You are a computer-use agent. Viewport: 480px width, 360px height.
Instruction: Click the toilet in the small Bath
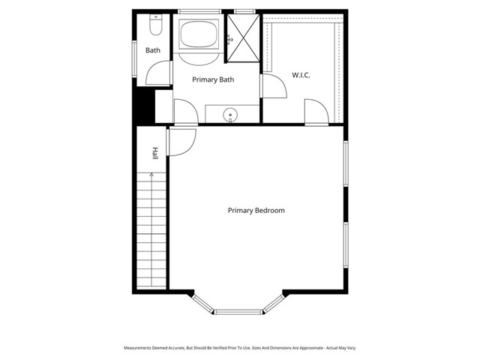click(x=154, y=27)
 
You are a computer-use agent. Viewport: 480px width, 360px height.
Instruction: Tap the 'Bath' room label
click(x=153, y=51)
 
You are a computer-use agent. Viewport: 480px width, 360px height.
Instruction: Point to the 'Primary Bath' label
click(x=214, y=79)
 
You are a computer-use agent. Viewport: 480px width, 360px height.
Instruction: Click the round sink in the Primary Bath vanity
click(x=232, y=115)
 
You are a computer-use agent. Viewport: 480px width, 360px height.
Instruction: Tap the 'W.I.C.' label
click(x=301, y=76)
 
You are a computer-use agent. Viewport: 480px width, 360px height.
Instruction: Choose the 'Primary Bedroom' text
click(x=256, y=211)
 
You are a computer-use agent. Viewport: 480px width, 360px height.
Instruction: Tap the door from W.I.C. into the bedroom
click(x=315, y=113)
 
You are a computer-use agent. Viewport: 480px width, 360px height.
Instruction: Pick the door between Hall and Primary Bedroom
click(x=182, y=142)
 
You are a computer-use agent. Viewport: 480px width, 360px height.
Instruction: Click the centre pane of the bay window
click(x=239, y=311)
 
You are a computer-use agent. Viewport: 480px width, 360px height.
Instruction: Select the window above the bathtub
click(x=199, y=11)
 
